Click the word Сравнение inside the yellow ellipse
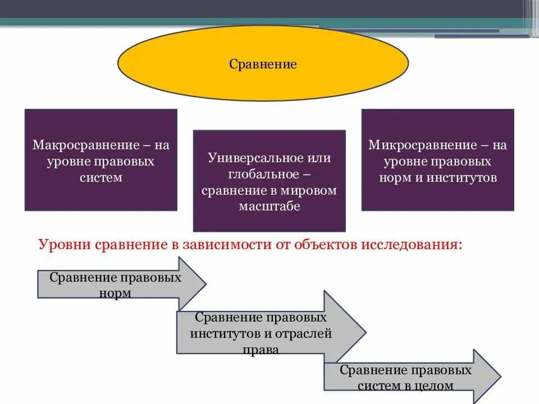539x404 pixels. point(262,65)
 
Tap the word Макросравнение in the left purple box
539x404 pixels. point(86,145)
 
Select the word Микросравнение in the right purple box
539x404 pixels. point(424,145)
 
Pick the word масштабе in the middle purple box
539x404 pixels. point(269,206)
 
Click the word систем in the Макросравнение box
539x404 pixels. point(101,178)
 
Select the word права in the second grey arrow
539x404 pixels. point(261,349)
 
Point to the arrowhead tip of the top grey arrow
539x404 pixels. point(206,284)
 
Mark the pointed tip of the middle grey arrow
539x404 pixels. point(366,332)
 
